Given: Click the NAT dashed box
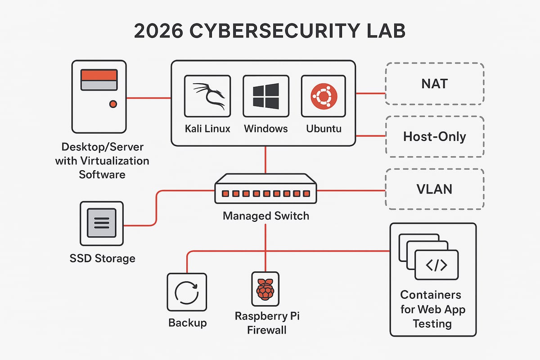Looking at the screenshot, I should [x=435, y=84].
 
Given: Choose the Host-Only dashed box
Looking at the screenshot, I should [x=435, y=136].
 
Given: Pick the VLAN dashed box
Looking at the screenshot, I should [x=435, y=189].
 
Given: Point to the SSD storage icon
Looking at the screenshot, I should [x=101, y=223].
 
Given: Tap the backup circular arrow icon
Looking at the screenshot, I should [x=187, y=292].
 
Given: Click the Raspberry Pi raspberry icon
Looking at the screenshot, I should [x=265, y=289].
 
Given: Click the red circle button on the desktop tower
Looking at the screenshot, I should [x=113, y=104].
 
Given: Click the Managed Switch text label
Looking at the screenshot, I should [x=266, y=216].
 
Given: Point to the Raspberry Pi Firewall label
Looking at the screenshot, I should [x=267, y=323].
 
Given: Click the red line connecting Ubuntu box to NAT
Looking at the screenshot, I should [x=370, y=94].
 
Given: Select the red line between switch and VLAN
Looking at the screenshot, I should [x=351, y=190].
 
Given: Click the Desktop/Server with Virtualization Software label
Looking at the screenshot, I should [x=102, y=161].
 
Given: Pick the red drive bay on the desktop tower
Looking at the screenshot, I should [x=99, y=75].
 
